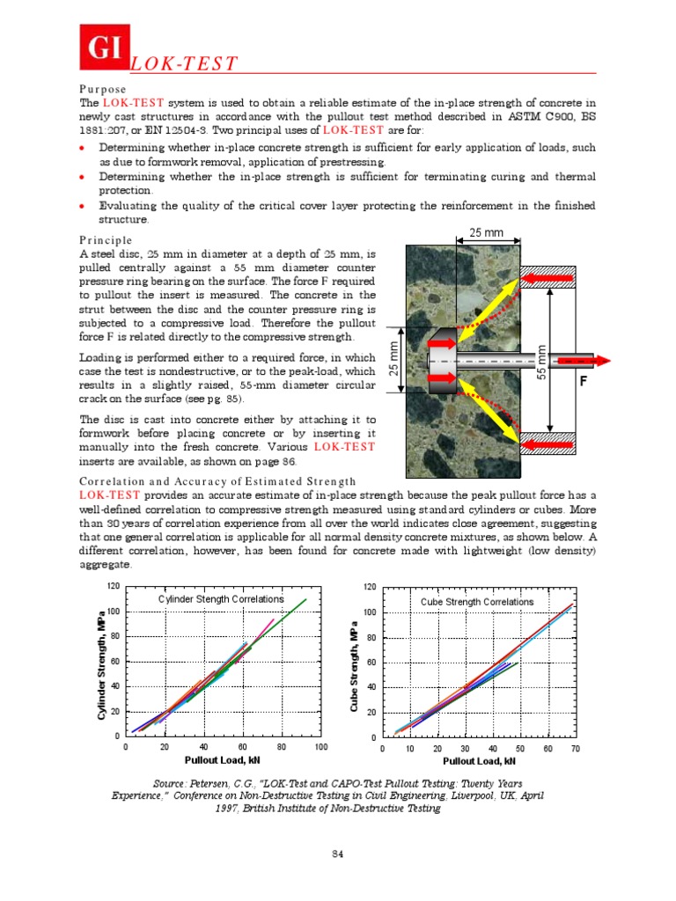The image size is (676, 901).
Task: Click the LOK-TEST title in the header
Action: pos(184,63)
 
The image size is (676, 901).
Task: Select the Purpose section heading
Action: pos(102,90)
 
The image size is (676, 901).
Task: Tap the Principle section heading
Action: pos(106,240)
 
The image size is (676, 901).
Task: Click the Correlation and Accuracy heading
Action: pos(217,481)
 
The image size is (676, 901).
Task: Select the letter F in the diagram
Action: pos(582,383)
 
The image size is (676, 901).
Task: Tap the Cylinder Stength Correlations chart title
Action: pos(220,599)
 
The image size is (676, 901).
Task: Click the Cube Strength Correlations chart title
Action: pos(476,602)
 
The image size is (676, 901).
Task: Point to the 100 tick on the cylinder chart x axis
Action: pos(320,747)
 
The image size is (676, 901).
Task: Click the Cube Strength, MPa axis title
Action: pos(354,668)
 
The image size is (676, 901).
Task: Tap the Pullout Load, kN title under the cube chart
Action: pos(479,761)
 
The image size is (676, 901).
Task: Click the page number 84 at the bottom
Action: pos(337,854)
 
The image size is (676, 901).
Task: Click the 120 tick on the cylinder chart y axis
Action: pos(113,587)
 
